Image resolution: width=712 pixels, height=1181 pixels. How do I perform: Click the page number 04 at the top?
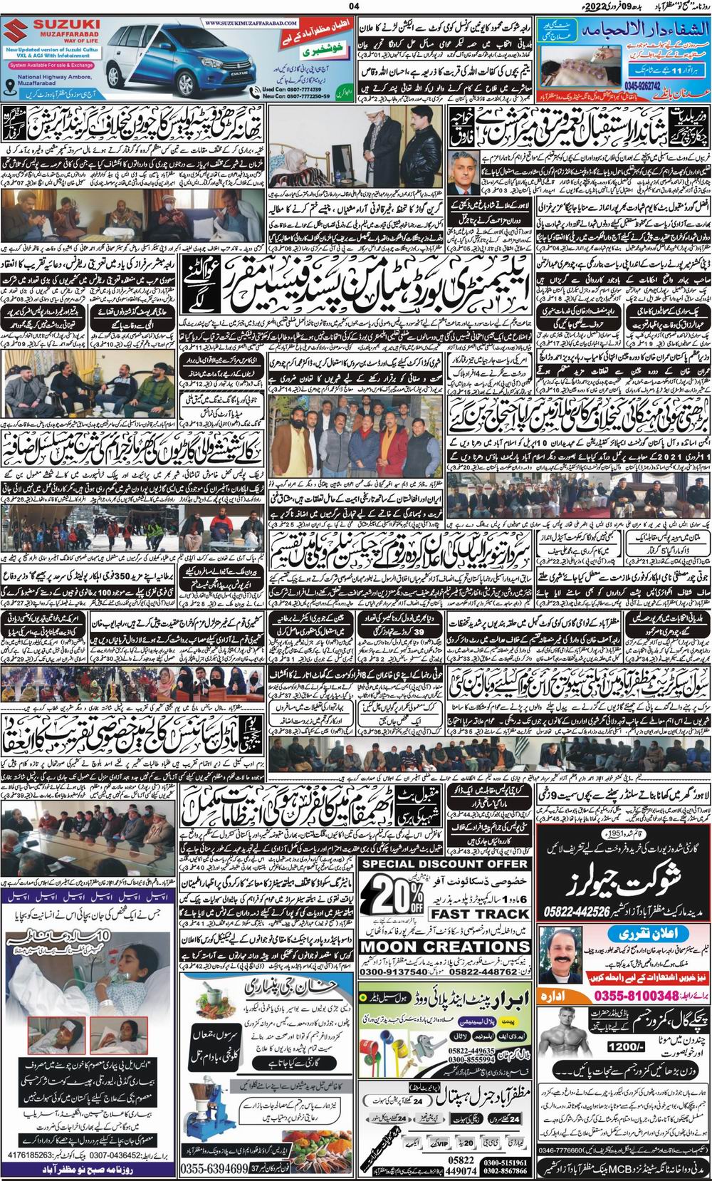pos(355,6)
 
